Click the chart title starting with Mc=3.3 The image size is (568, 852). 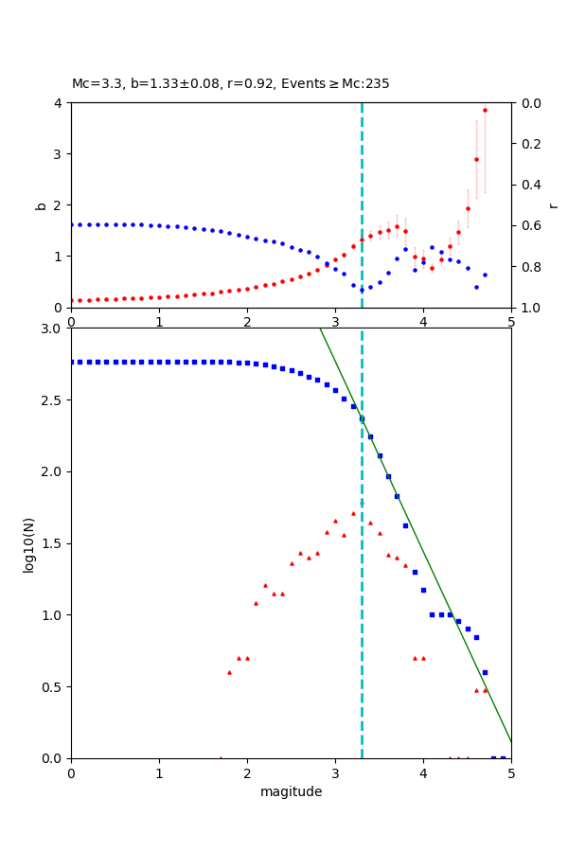click(230, 84)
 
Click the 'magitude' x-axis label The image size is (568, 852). click(291, 792)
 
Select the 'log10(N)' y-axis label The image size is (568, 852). click(28, 543)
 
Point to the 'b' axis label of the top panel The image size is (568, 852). click(41, 204)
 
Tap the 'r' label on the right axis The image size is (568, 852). click(553, 204)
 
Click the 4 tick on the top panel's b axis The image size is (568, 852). click(58, 102)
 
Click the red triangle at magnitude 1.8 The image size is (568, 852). click(229, 672)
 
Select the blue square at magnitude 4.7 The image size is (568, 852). click(485, 672)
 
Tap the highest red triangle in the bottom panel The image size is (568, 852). click(353, 513)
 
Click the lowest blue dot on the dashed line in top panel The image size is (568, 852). click(362, 290)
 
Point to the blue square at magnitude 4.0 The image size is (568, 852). click(423, 590)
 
